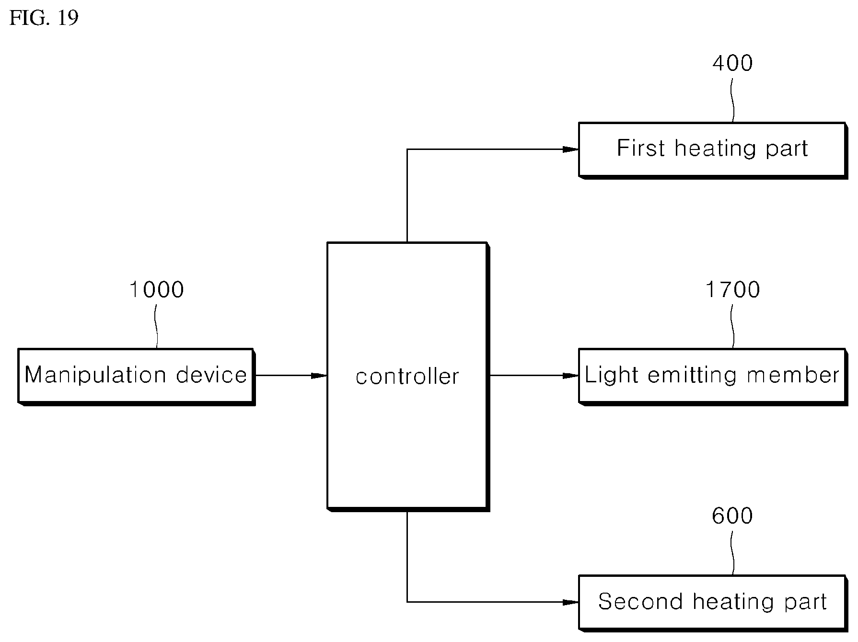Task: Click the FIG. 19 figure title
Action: click(44, 18)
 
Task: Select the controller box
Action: click(408, 377)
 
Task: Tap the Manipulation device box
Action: click(136, 377)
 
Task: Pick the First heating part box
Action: click(712, 150)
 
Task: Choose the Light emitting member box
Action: click(712, 377)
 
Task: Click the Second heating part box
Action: click(712, 603)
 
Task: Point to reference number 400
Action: click(732, 63)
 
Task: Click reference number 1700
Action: click(732, 290)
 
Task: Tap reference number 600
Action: click(732, 516)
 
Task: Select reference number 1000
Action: click(157, 290)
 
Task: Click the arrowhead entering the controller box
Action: click(319, 376)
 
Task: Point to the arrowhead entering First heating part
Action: click(570, 149)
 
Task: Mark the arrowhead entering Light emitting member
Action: click(570, 376)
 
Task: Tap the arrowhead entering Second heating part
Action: click(570, 602)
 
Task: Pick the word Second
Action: click(640, 602)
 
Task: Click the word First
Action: click(641, 148)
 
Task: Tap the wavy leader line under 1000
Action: click(156, 327)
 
